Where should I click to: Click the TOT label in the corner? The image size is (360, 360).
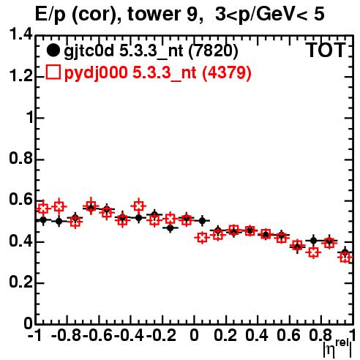pyautogui.click(x=325, y=50)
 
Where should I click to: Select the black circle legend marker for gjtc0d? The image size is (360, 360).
pyautogui.click(x=53, y=50)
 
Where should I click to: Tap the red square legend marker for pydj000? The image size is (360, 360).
pyautogui.click(x=53, y=72)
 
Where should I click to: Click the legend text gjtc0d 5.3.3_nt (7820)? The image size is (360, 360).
pyautogui.click(x=151, y=51)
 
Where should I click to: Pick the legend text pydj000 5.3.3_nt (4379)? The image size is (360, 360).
pyautogui.click(x=157, y=72)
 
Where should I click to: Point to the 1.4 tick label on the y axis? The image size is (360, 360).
pyautogui.click(x=20, y=34)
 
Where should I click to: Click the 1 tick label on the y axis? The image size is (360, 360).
pyautogui.click(x=29, y=118)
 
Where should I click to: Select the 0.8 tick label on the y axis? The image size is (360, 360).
pyautogui.click(x=20, y=158)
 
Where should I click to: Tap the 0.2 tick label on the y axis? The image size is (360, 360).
pyautogui.click(x=20, y=282)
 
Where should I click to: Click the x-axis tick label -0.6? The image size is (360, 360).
pyautogui.click(x=97, y=335)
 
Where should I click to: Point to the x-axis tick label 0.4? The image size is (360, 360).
pyautogui.click(x=257, y=335)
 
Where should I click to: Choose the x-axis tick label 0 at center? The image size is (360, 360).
pyautogui.click(x=194, y=335)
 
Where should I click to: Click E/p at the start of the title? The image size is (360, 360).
pyautogui.click(x=50, y=15)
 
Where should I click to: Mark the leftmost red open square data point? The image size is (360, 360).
pyautogui.click(x=43, y=208)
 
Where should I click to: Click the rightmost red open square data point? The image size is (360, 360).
pyautogui.click(x=345, y=257)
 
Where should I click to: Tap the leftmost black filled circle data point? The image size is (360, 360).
pyautogui.click(x=43, y=220)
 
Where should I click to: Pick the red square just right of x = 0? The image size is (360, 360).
pyautogui.click(x=202, y=238)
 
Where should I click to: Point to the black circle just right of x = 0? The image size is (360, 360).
pyautogui.click(x=202, y=221)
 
